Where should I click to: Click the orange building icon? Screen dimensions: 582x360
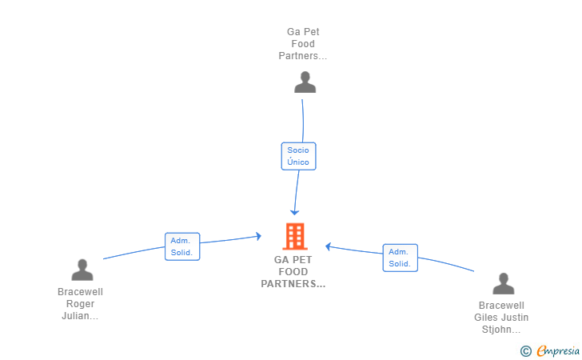click(x=295, y=236)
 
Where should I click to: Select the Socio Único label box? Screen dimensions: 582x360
click(x=298, y=156)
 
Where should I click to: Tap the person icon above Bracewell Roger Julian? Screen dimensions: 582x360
click(x=82, y=270)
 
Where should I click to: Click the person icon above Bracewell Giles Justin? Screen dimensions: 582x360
click(x=504, y=283)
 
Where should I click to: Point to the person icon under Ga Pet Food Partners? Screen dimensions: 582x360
click(x=305, y=82)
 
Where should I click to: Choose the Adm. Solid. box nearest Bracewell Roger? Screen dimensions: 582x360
click(x=182, y=246)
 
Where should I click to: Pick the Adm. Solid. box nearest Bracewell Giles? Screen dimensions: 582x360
click(x=400, y=258)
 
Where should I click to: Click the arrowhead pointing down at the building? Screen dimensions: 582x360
click(x=295, y=213)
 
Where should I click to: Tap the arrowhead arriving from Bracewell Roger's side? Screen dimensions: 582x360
click(x=259, y=236)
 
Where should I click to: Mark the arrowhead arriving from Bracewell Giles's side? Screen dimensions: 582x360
click(x=328, y=246)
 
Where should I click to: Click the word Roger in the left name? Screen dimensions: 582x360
click(x=80, y=304)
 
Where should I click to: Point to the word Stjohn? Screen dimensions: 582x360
click(x=496, y=329)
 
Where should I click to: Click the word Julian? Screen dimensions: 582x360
click(x=75, y=316)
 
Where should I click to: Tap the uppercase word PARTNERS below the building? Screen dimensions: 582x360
click(x=289, y=284)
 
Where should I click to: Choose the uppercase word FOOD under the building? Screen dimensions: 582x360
click(x=293, y=271)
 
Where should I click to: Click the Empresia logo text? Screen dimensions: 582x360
click(x=558, y=350)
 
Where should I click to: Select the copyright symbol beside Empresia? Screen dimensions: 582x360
click(x=525, y=351)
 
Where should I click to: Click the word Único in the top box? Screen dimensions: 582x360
click(x=298, y=162)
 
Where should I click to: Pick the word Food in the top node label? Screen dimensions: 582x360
click(x=303, y=44)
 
